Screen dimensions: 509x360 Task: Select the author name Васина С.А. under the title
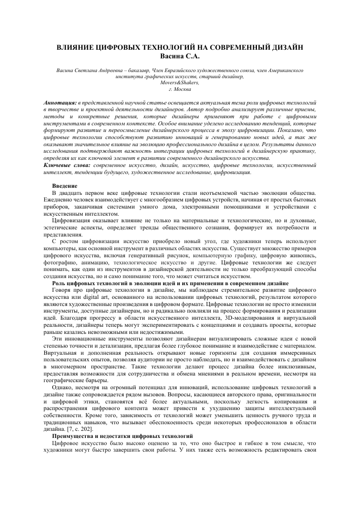180,55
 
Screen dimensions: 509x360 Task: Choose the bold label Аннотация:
60,102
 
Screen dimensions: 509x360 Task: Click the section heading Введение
64,186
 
